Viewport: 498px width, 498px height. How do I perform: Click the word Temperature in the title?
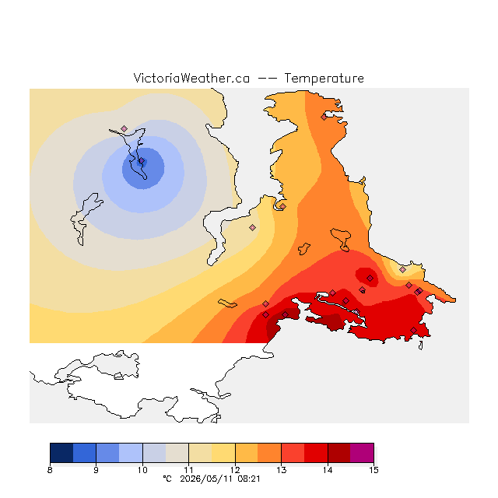tap(324, 79)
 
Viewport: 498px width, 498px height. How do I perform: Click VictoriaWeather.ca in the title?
tap(191, 79)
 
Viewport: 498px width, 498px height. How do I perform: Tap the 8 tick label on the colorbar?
tap(50, 470)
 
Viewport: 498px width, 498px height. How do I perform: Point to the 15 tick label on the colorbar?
tap(373, 470)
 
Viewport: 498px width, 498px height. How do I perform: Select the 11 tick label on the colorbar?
tap(188, 470)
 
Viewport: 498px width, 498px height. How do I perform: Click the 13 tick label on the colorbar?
tap(282, 470)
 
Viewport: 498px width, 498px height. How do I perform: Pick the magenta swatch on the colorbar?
tap(362, 453)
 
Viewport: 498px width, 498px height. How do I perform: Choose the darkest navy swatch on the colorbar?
tap(61, 453)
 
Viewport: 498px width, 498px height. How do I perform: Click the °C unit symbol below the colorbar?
tap(167, 479)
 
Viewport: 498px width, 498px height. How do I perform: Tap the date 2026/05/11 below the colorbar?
tap(206, 479)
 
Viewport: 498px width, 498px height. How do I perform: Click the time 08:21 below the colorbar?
tap(249, 479)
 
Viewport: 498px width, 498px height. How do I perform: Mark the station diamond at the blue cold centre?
tap(142, 161)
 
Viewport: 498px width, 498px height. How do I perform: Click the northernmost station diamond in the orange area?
tap(324, 117)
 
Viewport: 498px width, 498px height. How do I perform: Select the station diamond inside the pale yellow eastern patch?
tap(403, 270)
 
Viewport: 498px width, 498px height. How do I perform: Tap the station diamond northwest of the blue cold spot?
tap(124, 128)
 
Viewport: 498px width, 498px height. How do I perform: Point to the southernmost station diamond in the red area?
tap(413, 330)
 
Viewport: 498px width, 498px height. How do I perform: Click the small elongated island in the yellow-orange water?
tap(227, 303)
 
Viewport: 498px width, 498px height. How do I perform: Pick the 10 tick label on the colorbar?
tap(142, 470)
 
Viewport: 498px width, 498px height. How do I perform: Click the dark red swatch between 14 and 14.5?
tap(339, 453)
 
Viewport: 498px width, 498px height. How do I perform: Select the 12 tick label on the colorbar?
tap(235, 470)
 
